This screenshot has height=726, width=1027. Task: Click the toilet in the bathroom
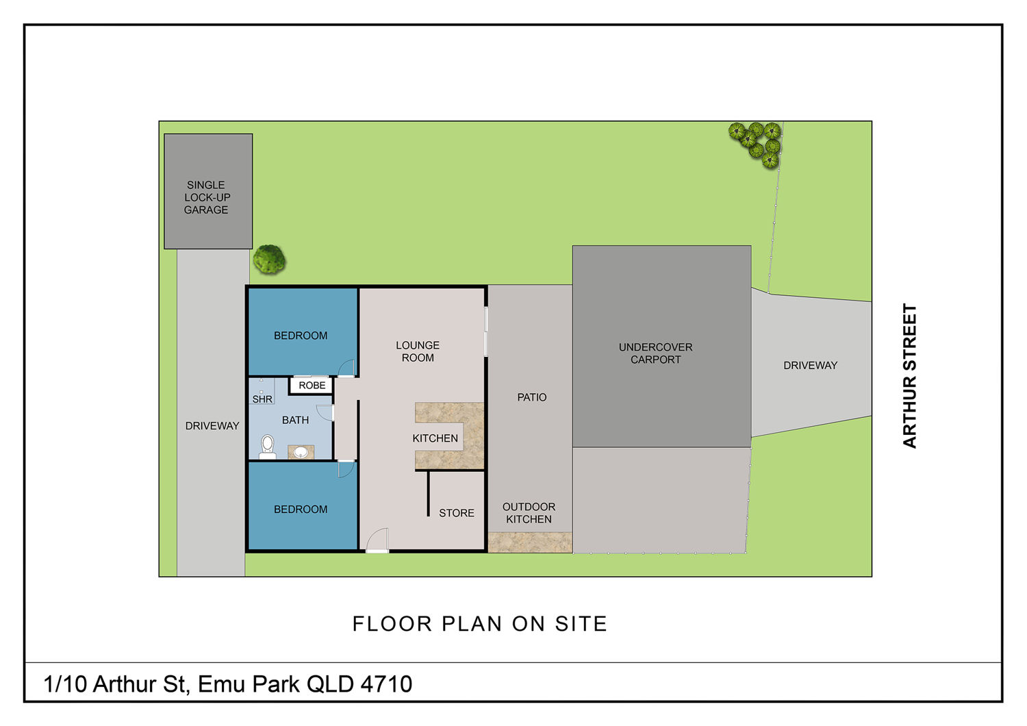267,447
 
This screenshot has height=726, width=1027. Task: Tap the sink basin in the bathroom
301,452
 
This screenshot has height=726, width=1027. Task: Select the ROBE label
312,385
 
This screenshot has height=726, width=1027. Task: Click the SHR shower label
262,399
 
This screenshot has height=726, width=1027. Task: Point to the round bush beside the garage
270,260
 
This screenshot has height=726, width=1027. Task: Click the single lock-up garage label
207,197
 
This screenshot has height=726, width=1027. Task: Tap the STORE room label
456,513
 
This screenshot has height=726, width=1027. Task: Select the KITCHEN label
435,438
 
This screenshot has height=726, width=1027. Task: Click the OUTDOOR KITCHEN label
529,513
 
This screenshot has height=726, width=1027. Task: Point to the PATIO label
531,397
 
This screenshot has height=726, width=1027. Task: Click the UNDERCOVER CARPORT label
655,353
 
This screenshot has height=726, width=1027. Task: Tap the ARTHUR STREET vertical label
909,375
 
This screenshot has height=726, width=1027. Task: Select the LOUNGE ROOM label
417,351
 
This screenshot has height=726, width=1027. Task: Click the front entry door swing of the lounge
377,540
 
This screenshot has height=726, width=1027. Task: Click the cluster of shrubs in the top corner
755,145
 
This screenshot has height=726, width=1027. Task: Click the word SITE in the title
581,624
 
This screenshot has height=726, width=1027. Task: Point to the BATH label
295,420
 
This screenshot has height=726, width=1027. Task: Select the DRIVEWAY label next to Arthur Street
810,366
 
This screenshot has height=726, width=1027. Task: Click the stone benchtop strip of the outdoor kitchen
530,542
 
